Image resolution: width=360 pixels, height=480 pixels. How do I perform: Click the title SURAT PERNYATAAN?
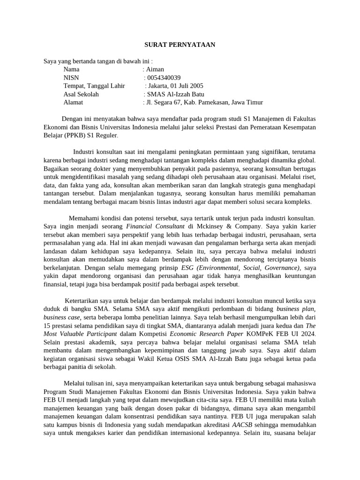click(179, 45)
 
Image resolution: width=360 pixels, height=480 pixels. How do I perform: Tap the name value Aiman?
click(155, 69)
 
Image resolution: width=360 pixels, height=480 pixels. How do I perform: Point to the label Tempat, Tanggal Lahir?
click(94, 86)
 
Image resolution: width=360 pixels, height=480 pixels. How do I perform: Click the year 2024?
click(308, 334)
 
